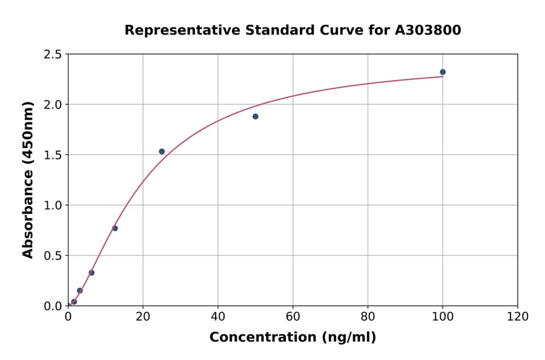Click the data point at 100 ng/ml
point(443,72)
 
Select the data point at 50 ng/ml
point(256,116)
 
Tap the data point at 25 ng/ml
point(162,152)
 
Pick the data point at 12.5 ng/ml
point(115,228)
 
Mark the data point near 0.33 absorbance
point(91,273)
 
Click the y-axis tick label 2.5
point(53,55)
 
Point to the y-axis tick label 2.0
point(53,105)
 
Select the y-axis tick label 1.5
point(53,155)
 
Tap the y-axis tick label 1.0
point(53,205)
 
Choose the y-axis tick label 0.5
point(53,256)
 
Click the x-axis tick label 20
point(143,316)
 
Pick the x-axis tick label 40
point(218,316)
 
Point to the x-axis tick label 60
point(293,316)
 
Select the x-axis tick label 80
point(368,316)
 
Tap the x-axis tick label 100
point(443,316)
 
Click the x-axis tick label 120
point(518,316)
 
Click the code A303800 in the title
point(428,30)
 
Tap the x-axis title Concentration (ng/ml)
point(292,338)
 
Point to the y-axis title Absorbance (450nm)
point(28,179)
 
